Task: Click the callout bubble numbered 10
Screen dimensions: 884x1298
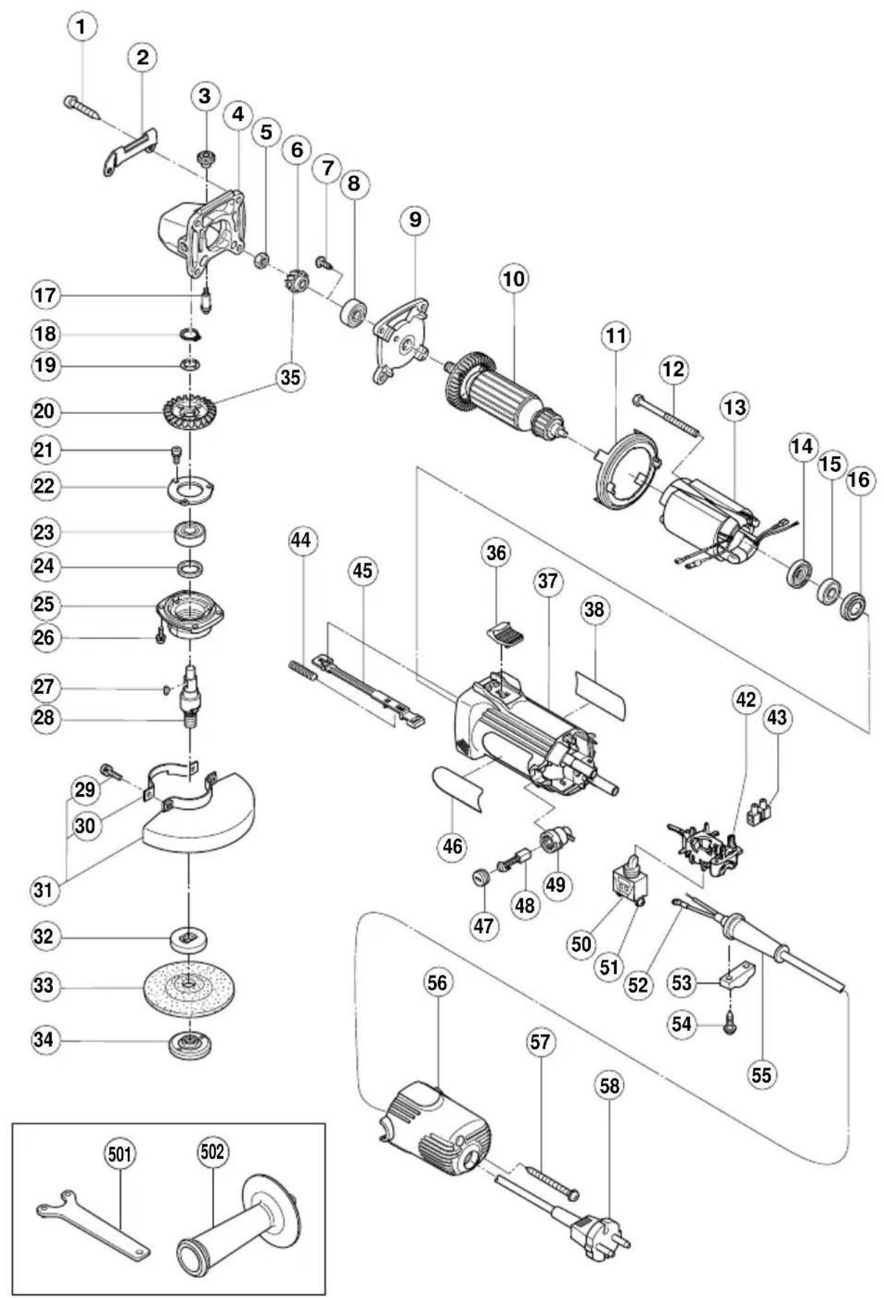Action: pyautogui.click(x=513, y=279)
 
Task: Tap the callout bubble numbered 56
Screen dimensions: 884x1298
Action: pyautogui.click(x=437, y=982)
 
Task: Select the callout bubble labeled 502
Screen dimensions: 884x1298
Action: pyautogui.click(x=212, y=1153)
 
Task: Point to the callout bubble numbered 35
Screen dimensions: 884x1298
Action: pyautogui.click(x=291, y=377)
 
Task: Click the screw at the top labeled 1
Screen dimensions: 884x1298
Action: pyautogui.click(x=83, y=110)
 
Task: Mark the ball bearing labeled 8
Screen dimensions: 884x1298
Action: pyautogui.click(x=355, y=311)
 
